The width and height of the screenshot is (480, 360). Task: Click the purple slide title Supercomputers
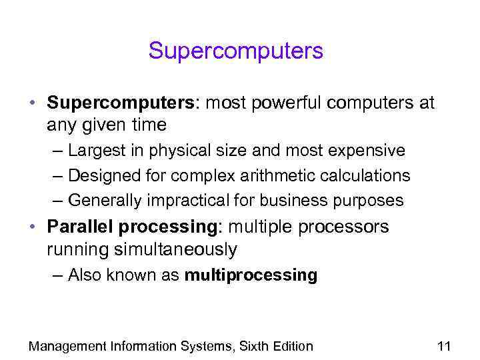point(235,51)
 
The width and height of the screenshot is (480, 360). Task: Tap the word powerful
point(283,103)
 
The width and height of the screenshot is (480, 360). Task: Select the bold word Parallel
point(81,227)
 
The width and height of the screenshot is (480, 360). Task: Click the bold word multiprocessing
point(251,275)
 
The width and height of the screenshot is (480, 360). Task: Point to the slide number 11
point(444,346)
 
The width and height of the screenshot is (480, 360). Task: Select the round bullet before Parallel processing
point(32,227)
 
